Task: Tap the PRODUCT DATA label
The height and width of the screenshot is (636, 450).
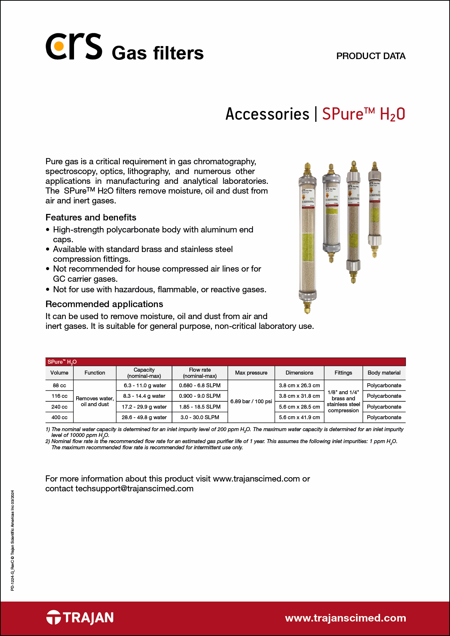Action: tap(371, 56)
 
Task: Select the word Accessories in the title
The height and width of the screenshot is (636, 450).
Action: tap(267, 114)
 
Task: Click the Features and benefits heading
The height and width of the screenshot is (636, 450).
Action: tap(91, 217)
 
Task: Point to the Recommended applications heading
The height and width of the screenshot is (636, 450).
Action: tap(104, 304)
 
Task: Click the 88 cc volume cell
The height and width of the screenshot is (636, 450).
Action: tap(59, 385)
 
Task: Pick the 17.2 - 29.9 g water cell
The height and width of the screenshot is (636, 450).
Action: tap(144, 407)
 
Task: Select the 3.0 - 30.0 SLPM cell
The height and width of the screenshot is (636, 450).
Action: tap(200, 417)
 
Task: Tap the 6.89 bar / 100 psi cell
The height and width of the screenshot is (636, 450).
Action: tap(251, 401)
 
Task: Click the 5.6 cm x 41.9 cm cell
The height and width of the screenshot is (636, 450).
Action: tap(299, 417)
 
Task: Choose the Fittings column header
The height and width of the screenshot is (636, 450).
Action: tap(343, 373)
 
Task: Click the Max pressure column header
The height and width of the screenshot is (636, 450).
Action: tap(251, 373)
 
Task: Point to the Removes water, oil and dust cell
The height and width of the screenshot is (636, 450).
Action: tap(95, 401)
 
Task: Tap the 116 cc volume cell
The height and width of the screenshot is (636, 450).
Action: tap(59, 396)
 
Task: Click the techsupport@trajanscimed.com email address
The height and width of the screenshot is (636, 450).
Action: tap(134, 488)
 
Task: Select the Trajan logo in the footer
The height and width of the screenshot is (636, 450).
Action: tap(80, 618)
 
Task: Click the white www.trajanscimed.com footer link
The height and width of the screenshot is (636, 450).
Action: tap(345, 618)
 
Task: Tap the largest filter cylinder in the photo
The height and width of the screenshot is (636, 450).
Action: tap(307, 239)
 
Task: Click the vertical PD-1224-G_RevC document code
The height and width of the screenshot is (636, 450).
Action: tap(13, 540)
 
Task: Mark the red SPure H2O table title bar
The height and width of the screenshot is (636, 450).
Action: tap(225, 362)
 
